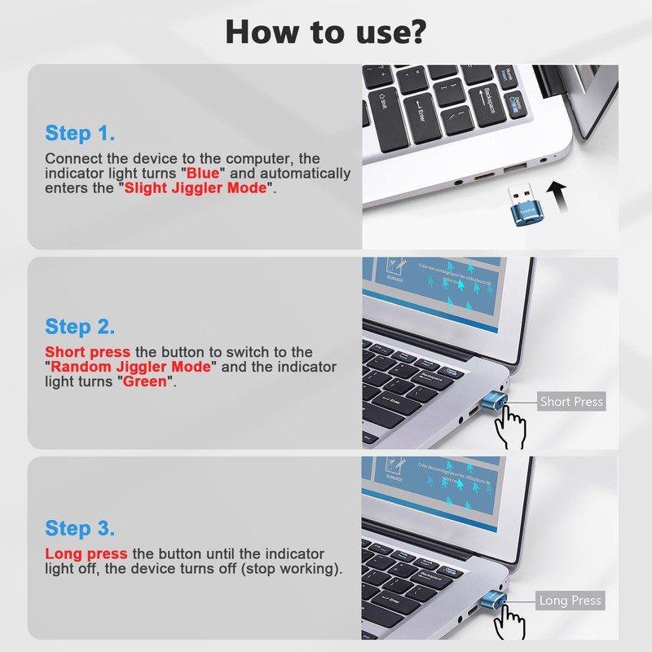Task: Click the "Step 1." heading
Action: coord(80,133)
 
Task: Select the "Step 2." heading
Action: coord(80,327)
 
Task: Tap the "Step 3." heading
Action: coord(80,527)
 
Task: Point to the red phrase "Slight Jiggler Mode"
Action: coord(196,188)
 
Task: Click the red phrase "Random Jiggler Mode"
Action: coord(132,367)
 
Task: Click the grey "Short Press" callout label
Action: coord(571,402)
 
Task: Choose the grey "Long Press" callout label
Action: coord(570,601)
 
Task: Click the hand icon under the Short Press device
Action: coord(512,427)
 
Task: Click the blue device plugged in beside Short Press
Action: coord(497,402)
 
